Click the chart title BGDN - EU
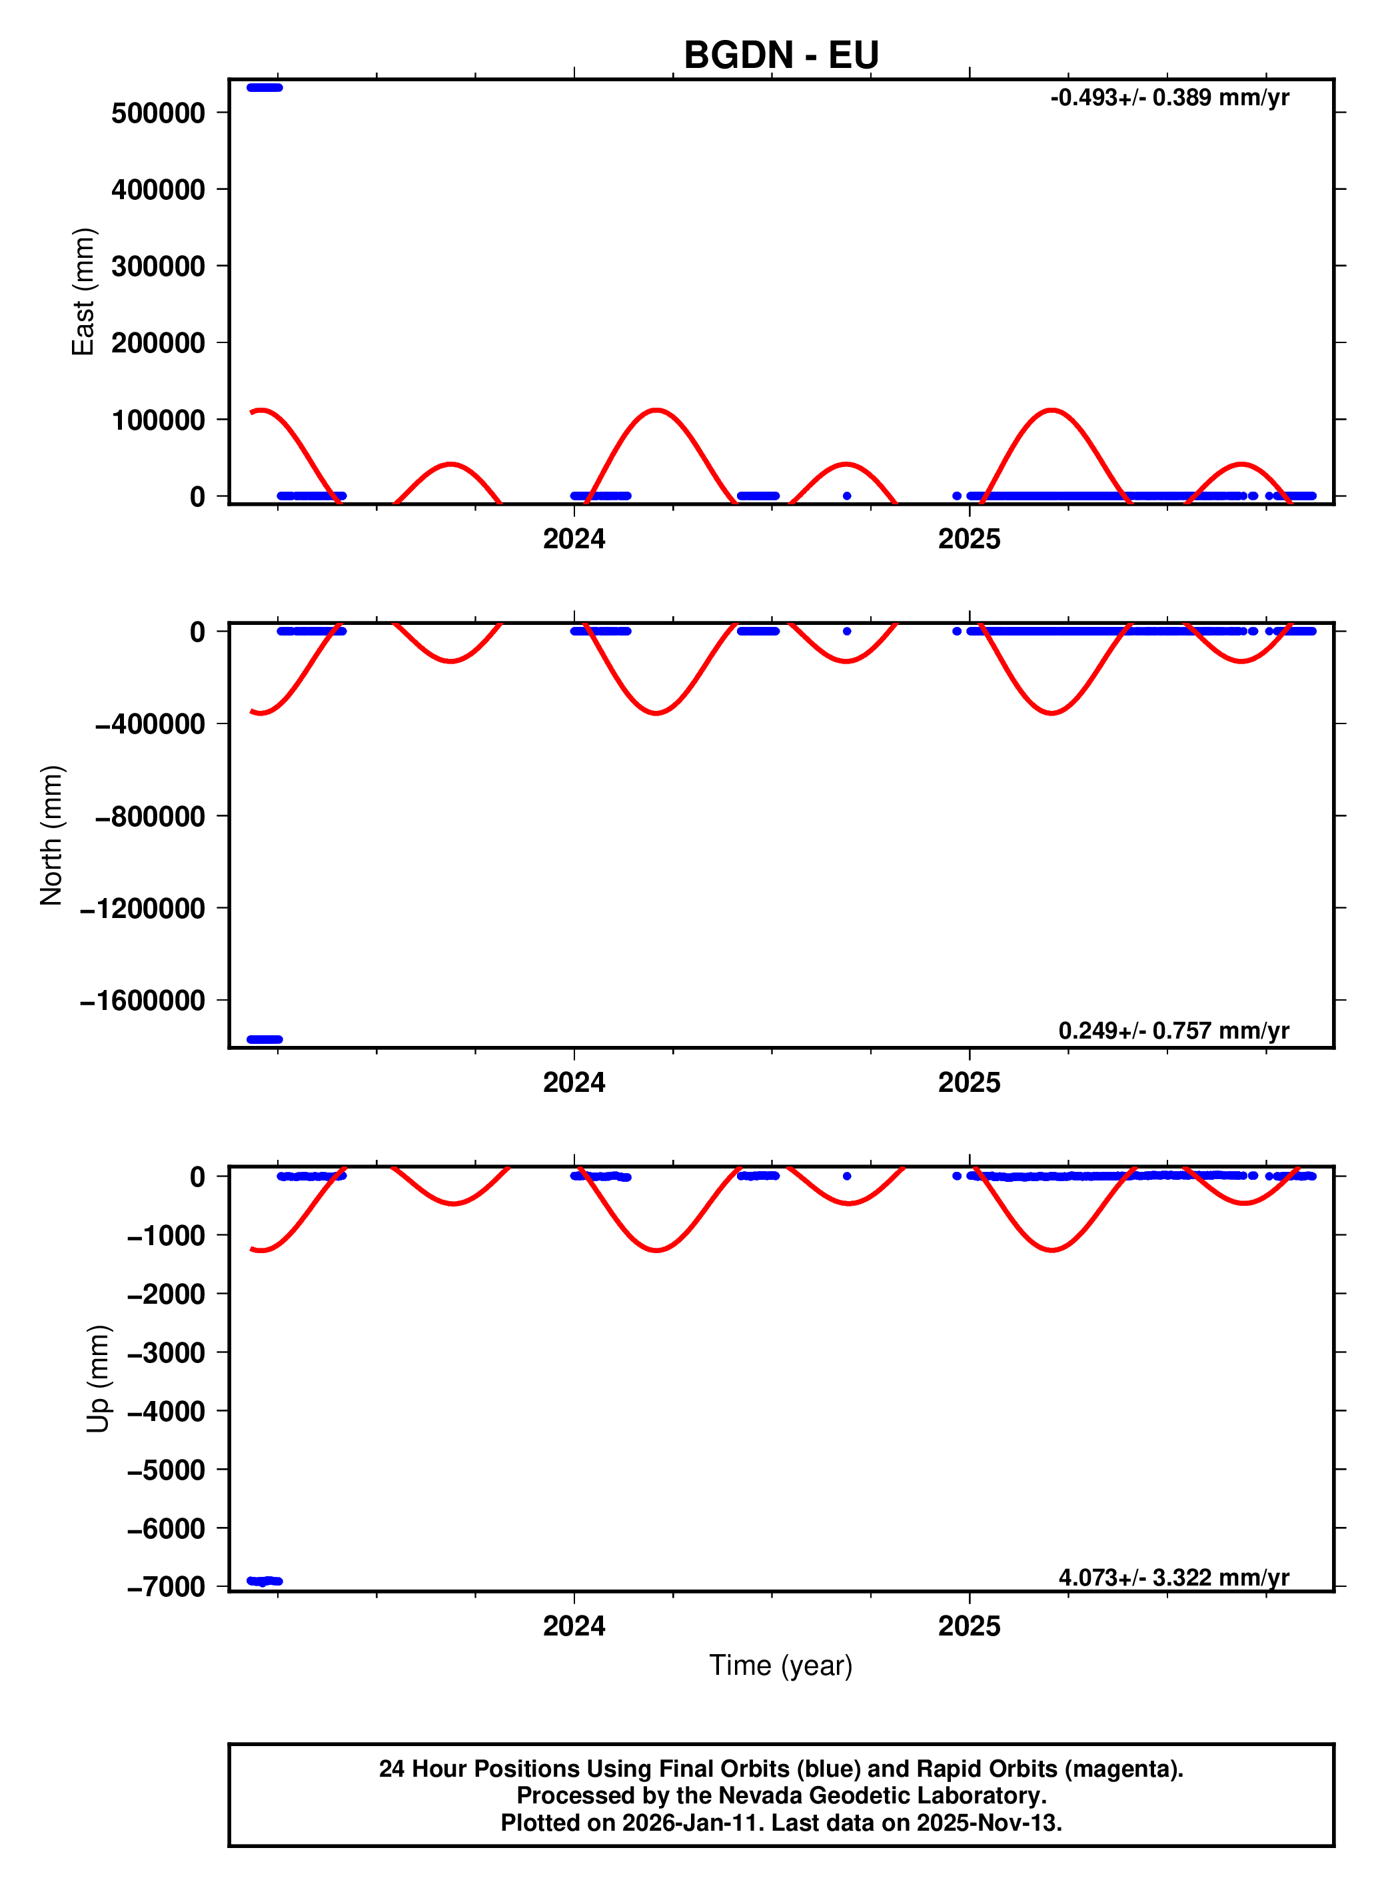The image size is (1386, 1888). coord(781,55)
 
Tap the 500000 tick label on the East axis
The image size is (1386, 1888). coord(158,113)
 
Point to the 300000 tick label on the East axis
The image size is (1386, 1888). coord(158,266)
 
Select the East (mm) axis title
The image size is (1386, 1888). coord(83,292)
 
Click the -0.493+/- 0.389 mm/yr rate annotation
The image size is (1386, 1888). coord(1169,98)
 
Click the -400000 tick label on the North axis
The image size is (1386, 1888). coord(150,724)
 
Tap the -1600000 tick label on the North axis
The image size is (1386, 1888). coord(143,1001)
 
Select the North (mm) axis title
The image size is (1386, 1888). coord(51,835)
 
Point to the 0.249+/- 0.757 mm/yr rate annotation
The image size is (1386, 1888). coord(1173,1031)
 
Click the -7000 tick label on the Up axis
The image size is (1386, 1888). coord(165,1587)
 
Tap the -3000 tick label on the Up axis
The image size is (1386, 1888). coord(165,1353)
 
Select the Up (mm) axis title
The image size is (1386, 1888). coord(98,1379)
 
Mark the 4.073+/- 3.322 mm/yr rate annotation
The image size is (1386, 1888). coord(1173,1578)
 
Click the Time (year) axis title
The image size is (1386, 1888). coord(780,1665)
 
